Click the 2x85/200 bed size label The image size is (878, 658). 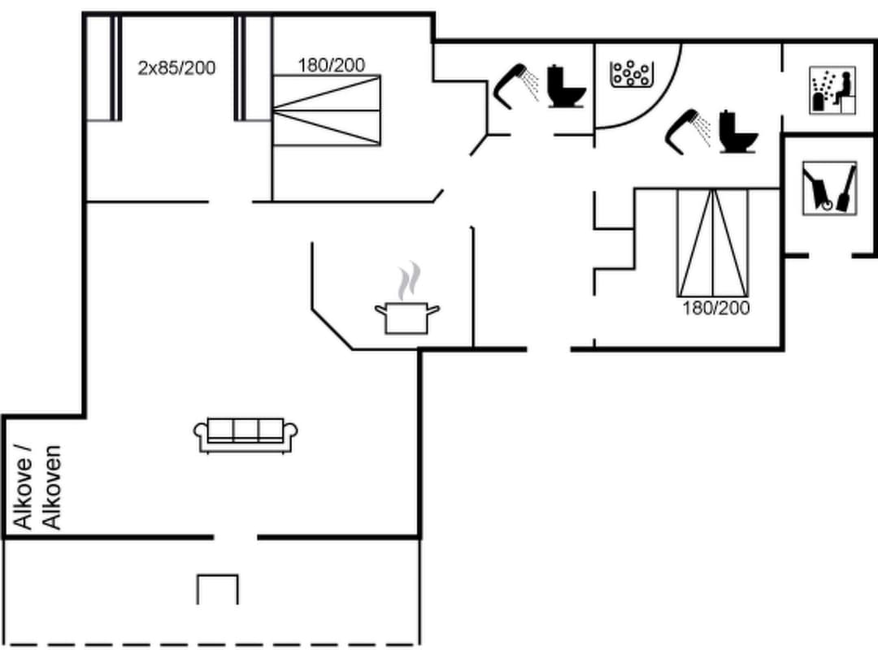(176, 67)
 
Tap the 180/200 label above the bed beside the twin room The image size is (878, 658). (331, 65)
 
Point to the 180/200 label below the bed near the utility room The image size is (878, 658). (715, 309)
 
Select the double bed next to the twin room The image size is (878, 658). (326, 110)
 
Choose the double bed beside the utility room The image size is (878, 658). (713, 242)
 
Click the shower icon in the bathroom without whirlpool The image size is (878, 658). (518, 85)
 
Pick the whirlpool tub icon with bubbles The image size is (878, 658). (630, 74)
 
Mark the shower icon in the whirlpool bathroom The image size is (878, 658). (688, 130)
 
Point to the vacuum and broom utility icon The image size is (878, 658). (829, 188)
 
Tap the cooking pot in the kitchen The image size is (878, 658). (406, 317)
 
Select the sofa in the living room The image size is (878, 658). (246, 435)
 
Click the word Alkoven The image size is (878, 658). (52, 487)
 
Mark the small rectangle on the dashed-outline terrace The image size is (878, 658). (218, 589)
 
